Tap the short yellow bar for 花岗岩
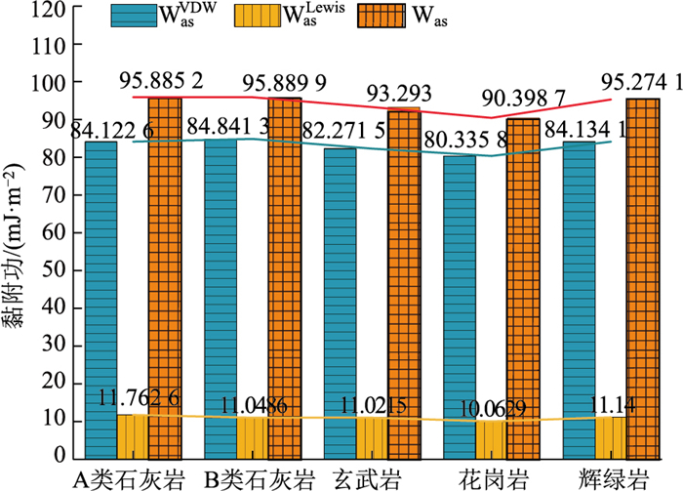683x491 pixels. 492,439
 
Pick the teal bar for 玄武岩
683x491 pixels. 341,303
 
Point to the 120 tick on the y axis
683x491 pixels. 45,10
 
